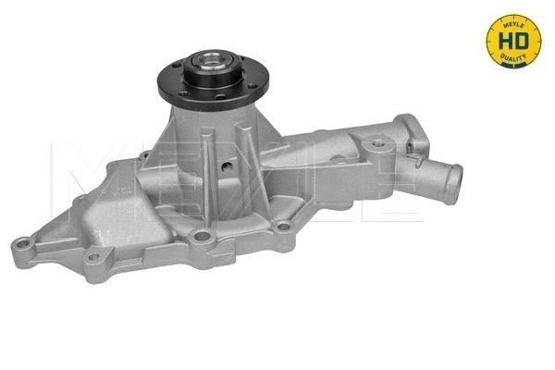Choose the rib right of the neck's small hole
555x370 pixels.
(243, 157)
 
